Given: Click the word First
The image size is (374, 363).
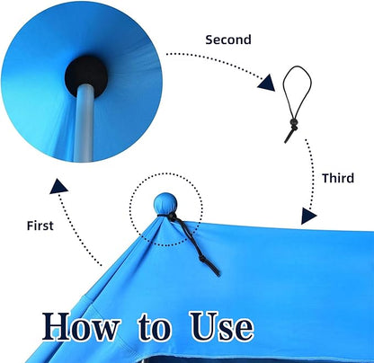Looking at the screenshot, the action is click(40, 226).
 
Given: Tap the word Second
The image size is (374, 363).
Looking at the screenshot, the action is click(228, 40).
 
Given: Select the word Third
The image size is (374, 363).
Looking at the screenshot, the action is click(338, 178).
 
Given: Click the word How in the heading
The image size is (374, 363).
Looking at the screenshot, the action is click(81, 326).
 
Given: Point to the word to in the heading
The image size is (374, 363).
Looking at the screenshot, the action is click(155, 328).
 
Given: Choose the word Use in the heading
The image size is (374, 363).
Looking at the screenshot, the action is click(222, 326).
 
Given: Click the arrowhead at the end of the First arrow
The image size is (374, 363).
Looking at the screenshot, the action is click(58, 187).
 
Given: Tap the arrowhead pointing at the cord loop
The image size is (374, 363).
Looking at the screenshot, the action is click(267, 83).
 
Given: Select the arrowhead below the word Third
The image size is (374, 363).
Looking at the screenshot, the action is click(308, 216).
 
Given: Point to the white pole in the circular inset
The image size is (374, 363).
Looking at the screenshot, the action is click(84, 123).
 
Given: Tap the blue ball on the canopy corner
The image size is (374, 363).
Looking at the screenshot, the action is click(165, 203).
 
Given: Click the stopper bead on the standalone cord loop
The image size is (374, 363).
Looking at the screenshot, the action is click(294, 122).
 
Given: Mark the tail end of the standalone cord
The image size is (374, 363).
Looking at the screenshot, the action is click(287, 140).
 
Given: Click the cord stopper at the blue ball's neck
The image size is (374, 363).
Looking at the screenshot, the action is click(172, 217).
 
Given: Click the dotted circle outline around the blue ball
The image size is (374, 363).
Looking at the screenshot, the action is click(129, 209).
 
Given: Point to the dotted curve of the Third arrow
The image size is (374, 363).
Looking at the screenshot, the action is click(314, 173).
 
